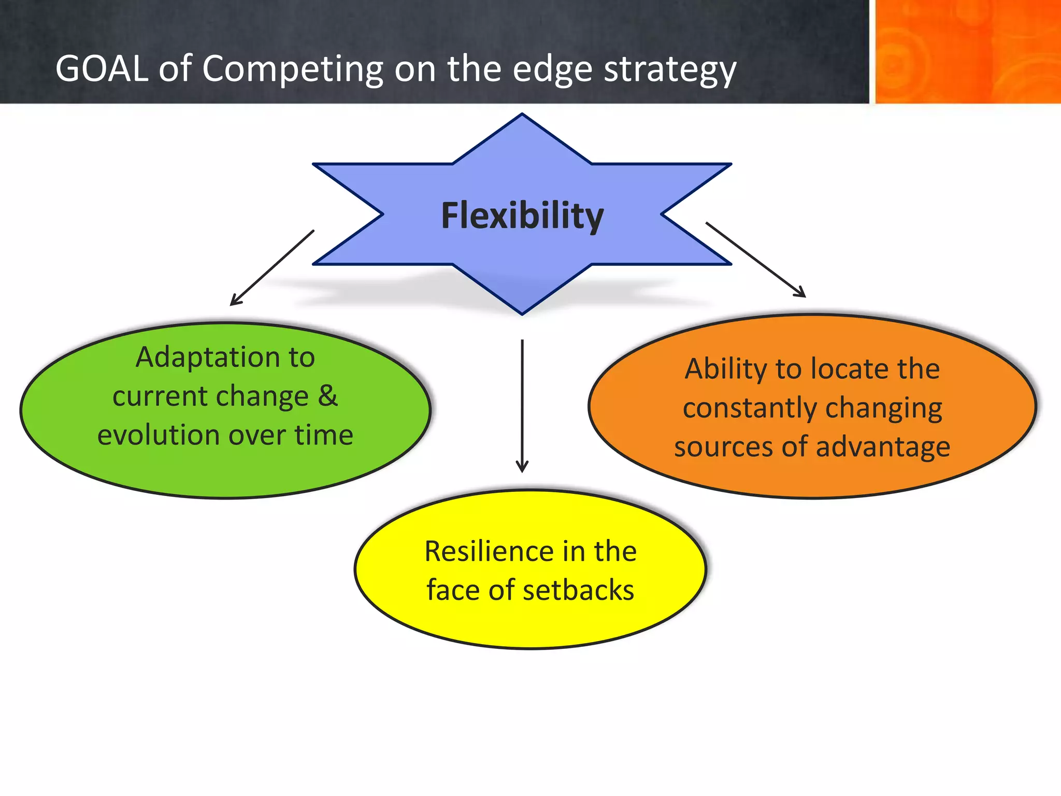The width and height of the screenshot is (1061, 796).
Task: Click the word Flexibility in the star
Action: [x=522, y=216]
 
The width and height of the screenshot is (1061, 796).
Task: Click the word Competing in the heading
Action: [x=292, y=70]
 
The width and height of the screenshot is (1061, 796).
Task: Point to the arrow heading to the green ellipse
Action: [x=272, y=268]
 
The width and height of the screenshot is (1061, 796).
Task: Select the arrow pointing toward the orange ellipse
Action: [x=755, y=260]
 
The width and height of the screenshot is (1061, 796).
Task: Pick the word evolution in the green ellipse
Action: [x=159, y=435]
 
